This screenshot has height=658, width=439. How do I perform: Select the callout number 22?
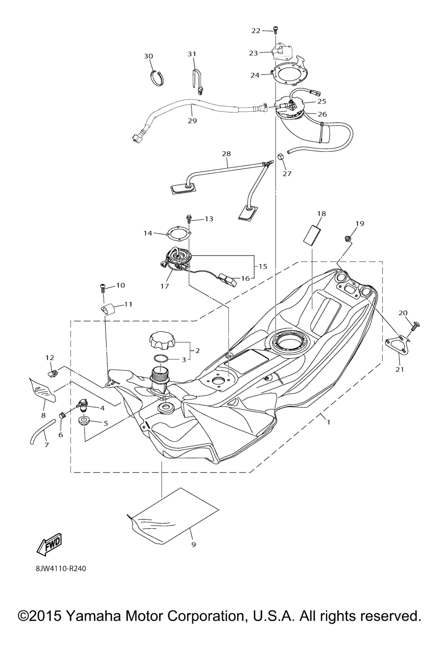coord(256,31)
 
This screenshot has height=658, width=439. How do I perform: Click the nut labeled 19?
coord(348,238)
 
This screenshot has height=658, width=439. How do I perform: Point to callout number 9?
coord(193,545)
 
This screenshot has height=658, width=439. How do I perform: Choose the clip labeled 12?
coord(53,373)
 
